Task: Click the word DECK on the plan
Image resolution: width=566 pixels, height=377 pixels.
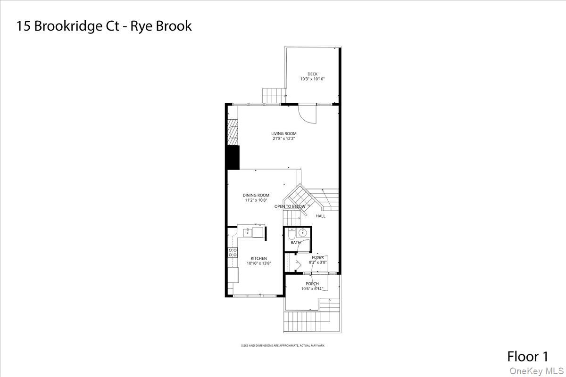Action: [312, 74]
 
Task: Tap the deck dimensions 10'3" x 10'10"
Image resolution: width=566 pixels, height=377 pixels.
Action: [312, 79]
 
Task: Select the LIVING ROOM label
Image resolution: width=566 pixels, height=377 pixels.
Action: [284, 134]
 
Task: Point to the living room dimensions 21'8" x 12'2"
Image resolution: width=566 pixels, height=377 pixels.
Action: [284, 139]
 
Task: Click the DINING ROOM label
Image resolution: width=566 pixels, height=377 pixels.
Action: [256, 195]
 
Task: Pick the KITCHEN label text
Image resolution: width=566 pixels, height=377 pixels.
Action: [259, 258]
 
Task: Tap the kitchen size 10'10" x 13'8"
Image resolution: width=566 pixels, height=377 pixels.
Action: [259, 263]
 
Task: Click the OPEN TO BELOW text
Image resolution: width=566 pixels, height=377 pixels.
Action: [290, 206]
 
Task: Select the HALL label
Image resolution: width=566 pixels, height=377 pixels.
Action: [321, 216]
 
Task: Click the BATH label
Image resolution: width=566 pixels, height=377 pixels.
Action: [296, 243]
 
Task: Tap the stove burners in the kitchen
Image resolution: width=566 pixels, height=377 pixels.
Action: [232, 252]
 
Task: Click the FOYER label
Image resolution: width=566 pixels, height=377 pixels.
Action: [317, 257]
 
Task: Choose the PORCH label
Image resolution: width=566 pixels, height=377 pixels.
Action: [312, 284]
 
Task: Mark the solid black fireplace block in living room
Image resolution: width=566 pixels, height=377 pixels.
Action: [233, 157]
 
